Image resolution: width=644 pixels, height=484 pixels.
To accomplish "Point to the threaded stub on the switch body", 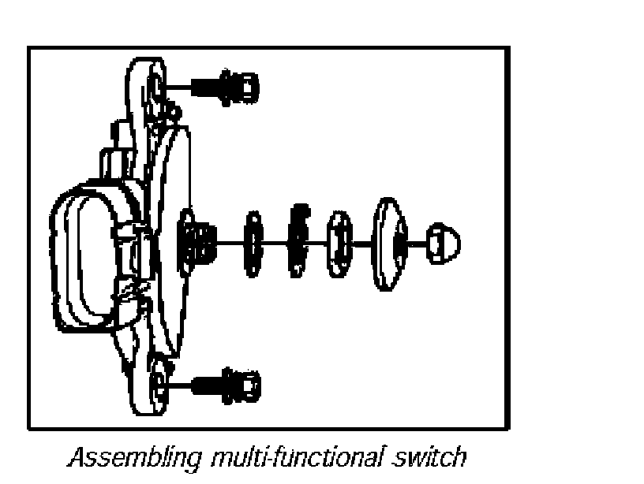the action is [x=197, y=240].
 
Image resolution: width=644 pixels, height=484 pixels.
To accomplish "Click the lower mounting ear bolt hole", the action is [x=159, y=382].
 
